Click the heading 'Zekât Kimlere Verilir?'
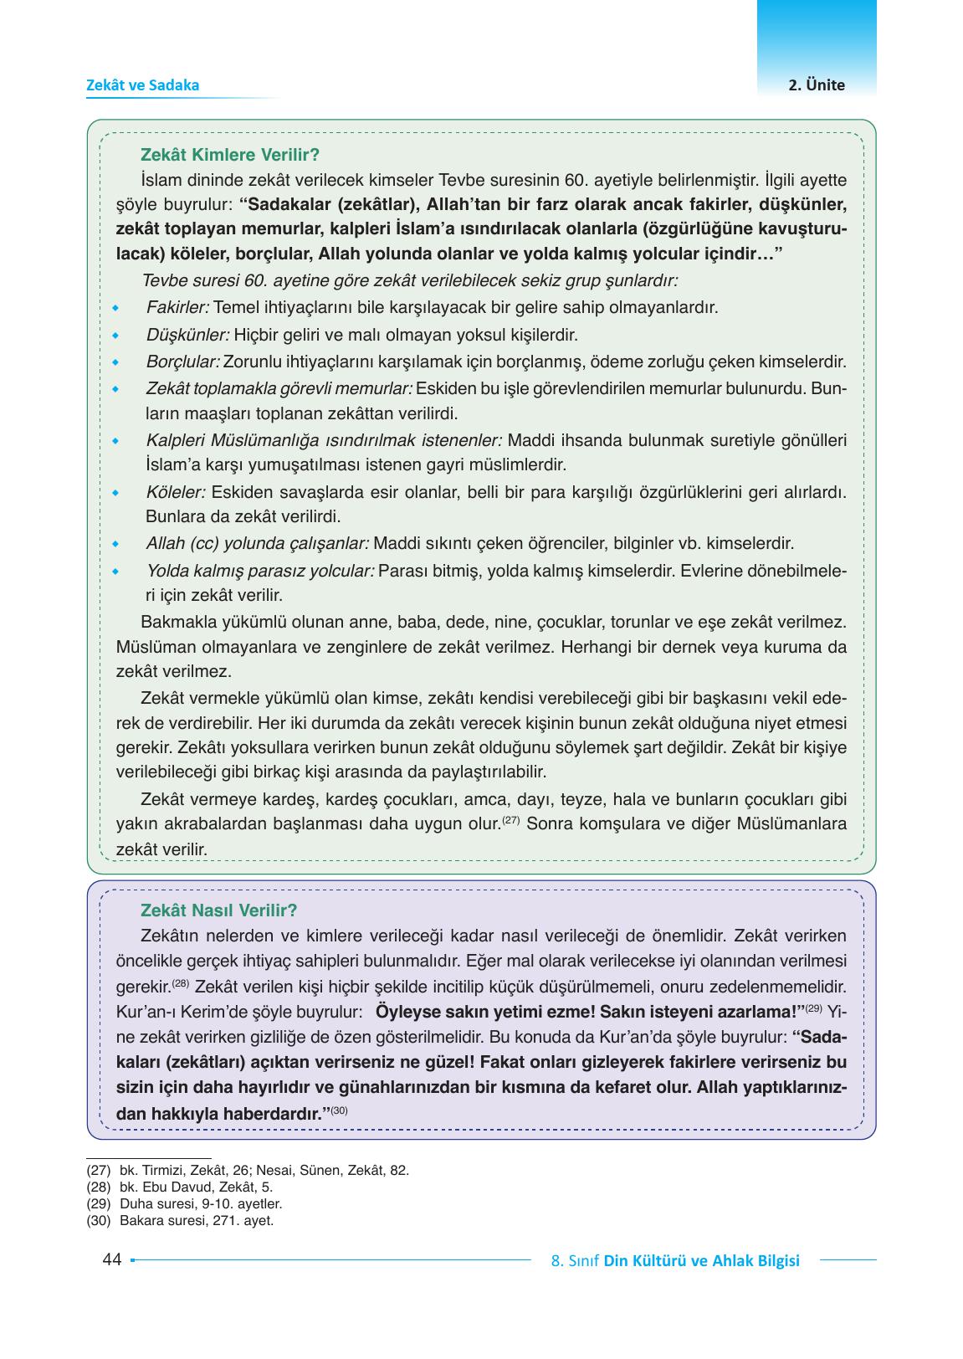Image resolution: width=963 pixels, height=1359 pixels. point(231,156)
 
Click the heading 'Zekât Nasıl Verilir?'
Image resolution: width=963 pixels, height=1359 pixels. point(219,910)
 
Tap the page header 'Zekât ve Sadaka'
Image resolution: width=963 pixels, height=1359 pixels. point(143,85)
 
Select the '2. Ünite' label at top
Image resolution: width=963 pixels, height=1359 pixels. point(817,85)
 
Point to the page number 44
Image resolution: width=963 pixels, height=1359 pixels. point(112,1260)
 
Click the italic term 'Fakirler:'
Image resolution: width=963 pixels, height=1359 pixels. point(177,308)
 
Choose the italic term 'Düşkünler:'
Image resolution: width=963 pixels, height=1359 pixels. point(187,336)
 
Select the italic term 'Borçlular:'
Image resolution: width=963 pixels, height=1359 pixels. point(182,363)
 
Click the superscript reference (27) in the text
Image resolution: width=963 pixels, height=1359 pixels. point(511,820)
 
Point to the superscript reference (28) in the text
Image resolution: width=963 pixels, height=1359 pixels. point(182,982)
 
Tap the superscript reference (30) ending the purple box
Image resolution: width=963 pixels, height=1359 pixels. point(339,1110)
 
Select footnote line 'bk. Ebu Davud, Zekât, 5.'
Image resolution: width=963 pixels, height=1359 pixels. point(196,1187)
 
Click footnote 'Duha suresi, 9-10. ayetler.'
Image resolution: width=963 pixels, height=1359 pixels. point(201,1204)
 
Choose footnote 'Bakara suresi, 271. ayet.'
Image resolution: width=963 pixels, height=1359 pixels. point(197,1221)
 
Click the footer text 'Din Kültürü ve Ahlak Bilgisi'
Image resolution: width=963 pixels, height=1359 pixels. point(701,1261)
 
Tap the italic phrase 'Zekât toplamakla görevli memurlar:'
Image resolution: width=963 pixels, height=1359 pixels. point(279,389)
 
